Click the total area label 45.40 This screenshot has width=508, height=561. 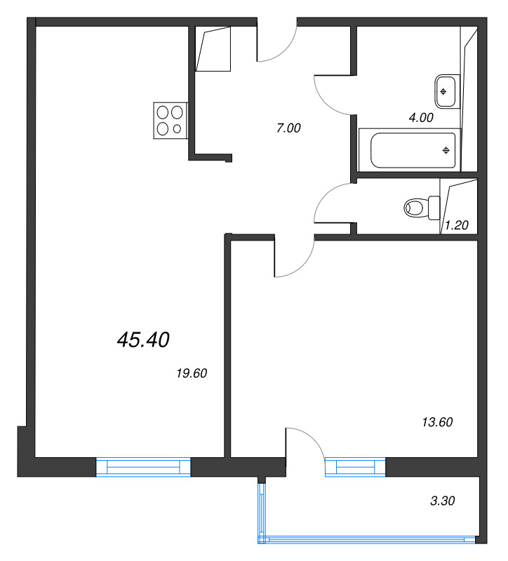(x=143, y=339)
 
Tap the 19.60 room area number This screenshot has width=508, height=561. (x=192, y=373)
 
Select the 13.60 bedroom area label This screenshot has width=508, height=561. (x=437, y=422)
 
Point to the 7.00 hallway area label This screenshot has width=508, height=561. (x=288, y=128)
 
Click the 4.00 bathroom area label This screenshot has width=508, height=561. (x=421, y=117)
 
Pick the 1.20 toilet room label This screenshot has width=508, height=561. (x=457, y=225)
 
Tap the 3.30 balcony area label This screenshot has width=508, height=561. (x=443, y=501)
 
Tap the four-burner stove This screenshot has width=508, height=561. (x=171, y=121)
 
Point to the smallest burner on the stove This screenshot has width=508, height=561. (x=178, y=129)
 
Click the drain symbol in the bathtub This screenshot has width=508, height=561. (x=446, y=151)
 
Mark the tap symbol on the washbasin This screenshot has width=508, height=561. (x=443, y=92)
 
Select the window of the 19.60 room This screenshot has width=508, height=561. (x=143, y=467)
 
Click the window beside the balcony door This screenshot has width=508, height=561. (x=355, y=467)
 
